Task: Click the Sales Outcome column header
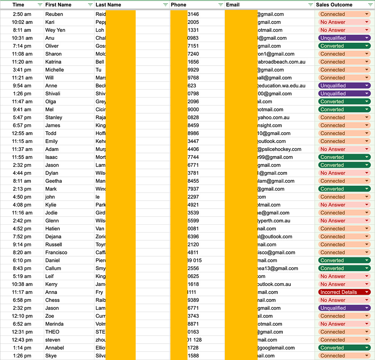[x=334, y=5]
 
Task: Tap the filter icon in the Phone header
[x=221, y=5]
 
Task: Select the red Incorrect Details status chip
[x=344, y=292]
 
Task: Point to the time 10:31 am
[x=22, y=38]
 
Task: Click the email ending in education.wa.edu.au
[x=281, y=86]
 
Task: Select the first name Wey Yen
[x=55, y=30]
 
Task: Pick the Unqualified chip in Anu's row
[x=344, y=38]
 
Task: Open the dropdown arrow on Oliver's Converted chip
[x=367, y=46]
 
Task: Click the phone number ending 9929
[x=193, y=70]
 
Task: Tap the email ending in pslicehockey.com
[x=279, y=149]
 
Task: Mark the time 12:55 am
[x=22, y=133]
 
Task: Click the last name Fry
[x=99, y=292]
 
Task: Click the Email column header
[x=233, y=5]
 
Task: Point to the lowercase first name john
[x=50, y=197]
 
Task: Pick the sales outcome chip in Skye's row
[x=344, y=356]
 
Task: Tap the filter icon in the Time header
[x=40, y=5]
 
